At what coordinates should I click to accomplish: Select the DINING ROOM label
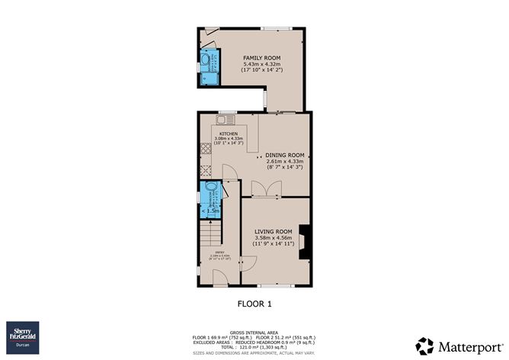(284, 155)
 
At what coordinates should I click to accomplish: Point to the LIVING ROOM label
(273, 231)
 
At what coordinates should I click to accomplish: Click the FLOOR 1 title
(255, 304)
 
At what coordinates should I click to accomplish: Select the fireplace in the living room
(305, 243)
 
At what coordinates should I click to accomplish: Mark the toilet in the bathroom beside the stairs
(211, 191)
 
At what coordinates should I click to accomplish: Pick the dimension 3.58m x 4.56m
(273, 238)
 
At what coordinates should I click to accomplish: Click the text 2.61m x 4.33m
(284, 162)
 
